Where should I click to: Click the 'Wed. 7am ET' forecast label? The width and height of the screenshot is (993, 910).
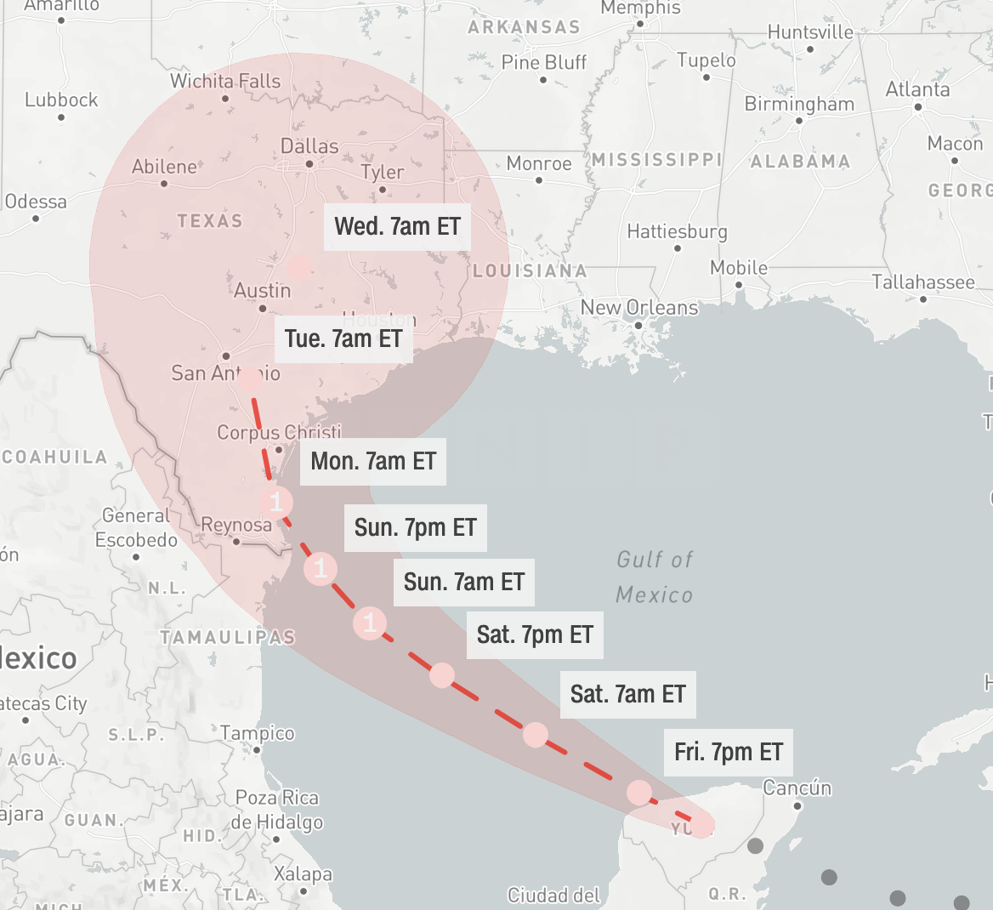click(397, 226)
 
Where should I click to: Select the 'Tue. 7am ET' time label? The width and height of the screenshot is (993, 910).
click(343, 338)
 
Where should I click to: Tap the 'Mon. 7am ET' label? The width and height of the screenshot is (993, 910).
click(372, 461)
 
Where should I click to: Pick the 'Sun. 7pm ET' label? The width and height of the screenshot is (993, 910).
click(415, 527)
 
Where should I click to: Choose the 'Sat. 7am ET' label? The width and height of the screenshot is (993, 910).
click(627, 694)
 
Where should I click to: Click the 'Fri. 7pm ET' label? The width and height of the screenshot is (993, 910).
click(728, 752)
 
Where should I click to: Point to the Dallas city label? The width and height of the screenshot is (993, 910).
click(309, 146)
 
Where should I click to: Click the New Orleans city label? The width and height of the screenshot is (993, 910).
click(639, 308)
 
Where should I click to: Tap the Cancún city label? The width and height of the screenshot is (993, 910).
click(797, 788)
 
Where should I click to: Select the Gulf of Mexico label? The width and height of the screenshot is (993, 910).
click(655, 577)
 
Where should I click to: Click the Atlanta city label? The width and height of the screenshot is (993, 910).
click(917, 89)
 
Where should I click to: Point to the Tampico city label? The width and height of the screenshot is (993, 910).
click(258, 733)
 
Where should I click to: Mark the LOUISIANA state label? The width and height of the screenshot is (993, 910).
click(530, 271)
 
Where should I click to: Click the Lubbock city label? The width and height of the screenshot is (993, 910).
click(61, 100)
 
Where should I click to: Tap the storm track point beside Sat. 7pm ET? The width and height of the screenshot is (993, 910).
click(441, 675)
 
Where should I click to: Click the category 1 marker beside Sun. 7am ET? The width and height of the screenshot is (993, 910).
click(370, 623)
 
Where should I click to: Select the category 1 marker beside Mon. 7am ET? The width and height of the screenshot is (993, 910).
click(276, 502)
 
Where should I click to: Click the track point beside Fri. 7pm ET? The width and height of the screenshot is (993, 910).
click(638, 793)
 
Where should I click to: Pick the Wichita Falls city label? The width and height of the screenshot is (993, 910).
click(224, 82)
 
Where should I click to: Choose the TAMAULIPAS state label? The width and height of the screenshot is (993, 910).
click(227, 637)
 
